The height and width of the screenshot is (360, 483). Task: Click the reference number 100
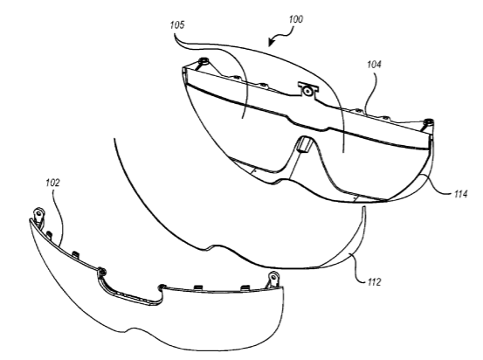[296, 19]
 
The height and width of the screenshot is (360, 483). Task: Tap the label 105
[177, 24]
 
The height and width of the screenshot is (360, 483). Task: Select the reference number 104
[374, 65]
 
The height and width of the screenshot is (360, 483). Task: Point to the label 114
[461, 194]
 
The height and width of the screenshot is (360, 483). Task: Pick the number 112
[375, 281]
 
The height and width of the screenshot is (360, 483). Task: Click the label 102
[52, 183]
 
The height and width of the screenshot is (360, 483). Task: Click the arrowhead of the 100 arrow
[271, 43]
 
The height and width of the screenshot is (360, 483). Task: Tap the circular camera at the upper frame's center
[307, 91]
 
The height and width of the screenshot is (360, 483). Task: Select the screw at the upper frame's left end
[204, 60]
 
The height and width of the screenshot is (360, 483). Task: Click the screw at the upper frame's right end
[428, 121]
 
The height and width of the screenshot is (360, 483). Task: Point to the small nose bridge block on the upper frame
[304, 144]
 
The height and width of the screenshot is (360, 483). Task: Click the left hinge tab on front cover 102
[39, 215]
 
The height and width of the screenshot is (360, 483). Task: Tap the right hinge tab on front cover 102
[273, 280]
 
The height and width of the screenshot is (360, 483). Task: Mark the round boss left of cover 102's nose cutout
[101, 272]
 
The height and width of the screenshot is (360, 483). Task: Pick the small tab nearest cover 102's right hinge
[245, 287]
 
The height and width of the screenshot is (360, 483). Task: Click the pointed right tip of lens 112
[363, 208]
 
